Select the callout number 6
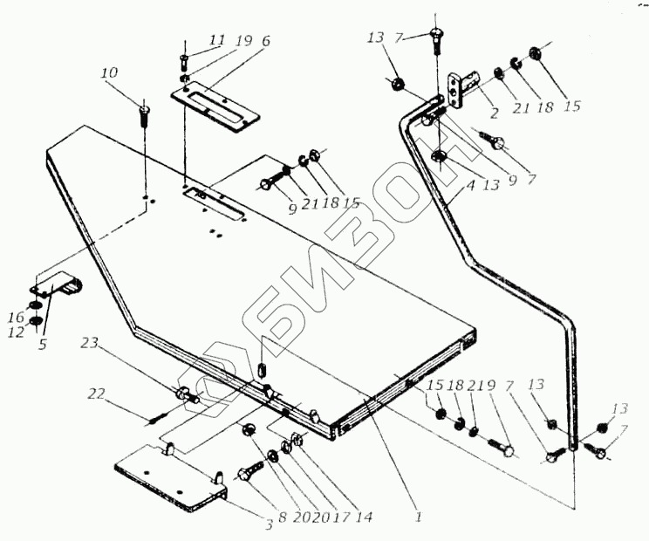pos(265,41)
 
